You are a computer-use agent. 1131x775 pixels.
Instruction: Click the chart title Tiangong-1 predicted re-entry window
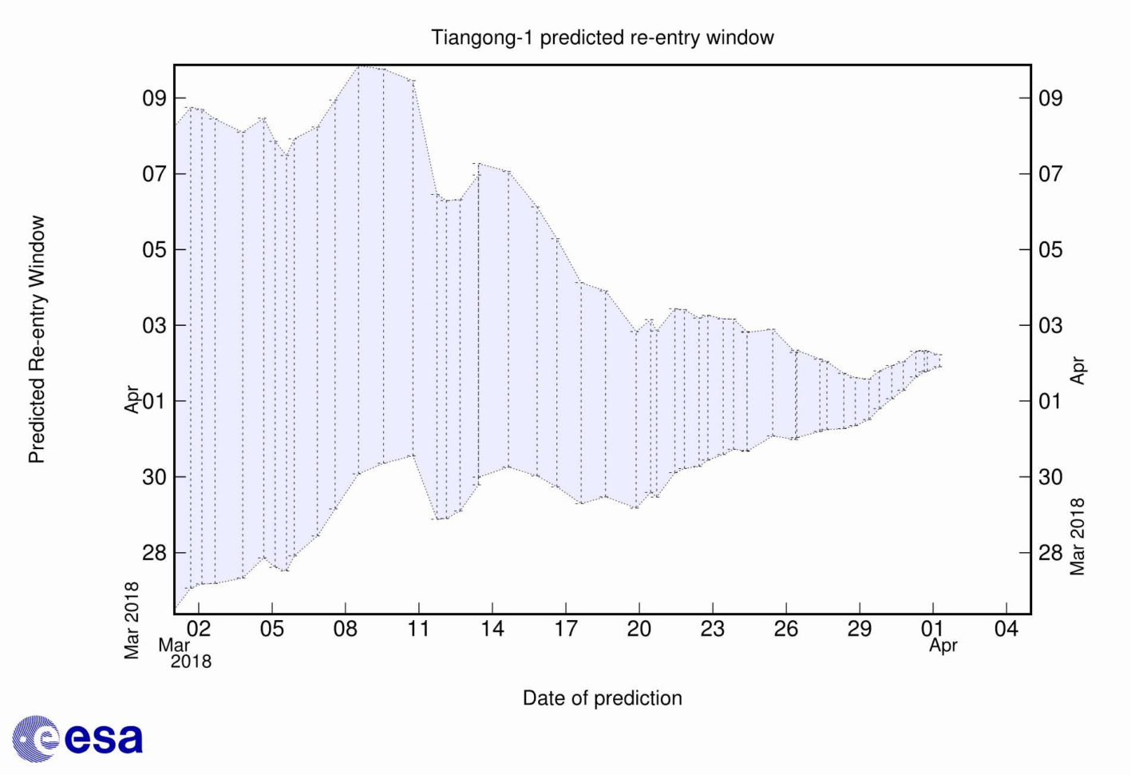point(603,38)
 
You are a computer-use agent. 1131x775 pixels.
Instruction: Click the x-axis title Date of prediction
point(602,698)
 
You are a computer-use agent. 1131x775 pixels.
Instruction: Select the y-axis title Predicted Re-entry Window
point(37,340)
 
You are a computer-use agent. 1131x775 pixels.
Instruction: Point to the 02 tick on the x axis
point(199,629)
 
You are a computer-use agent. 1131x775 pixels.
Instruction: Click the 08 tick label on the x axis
point(345,629)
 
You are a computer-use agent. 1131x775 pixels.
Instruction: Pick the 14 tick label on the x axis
point(492,629)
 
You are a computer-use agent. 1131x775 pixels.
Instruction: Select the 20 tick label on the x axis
point(639,629)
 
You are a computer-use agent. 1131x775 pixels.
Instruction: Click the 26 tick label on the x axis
point(785,629)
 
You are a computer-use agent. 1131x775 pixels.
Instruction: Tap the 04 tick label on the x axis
point(1006,629)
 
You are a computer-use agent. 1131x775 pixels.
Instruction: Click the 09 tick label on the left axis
point(154,98)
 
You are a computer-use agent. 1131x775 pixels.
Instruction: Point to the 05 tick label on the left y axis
point(154,250)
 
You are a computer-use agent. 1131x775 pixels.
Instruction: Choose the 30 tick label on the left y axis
point(154,477)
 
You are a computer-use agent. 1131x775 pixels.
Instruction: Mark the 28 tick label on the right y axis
point(1050,553)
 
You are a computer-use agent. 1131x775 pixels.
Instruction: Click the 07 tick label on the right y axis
point(1050,174)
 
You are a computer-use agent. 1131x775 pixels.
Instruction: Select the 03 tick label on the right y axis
point(1050,326)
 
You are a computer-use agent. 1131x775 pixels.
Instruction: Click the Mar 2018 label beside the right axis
point(1078,537)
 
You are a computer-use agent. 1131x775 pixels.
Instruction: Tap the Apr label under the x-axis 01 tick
point(943,646)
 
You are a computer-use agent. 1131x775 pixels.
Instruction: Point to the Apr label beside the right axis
point(1078,371)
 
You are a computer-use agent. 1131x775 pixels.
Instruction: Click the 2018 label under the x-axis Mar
point(192,662)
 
